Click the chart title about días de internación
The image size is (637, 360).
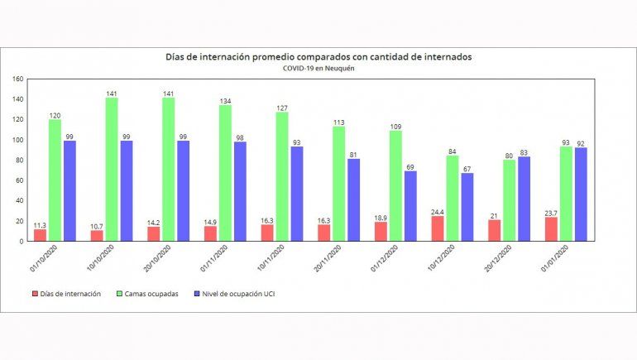[318, 57]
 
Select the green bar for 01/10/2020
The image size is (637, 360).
[55, 180]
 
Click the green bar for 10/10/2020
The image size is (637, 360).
[112, 170]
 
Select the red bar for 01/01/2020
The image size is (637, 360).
[552, 229]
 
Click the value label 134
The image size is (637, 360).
[225, 100]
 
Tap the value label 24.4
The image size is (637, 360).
[438, 211]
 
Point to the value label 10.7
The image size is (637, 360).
[97, 225]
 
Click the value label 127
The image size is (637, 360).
[281, 108]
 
